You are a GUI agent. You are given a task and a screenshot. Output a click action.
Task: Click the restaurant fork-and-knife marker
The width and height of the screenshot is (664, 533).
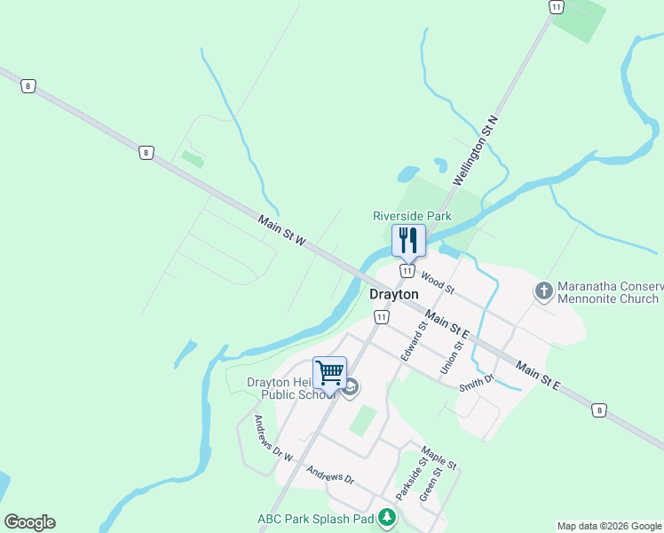pos(408,240)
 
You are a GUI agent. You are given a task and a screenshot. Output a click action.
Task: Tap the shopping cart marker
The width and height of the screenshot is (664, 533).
pos(329,373)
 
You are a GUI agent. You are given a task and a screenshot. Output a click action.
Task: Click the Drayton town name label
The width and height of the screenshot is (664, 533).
pos(394,294)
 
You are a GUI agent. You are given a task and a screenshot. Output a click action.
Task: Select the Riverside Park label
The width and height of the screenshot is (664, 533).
pos(412,216)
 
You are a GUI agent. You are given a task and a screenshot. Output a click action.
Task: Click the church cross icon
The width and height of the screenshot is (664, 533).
pos(543,290)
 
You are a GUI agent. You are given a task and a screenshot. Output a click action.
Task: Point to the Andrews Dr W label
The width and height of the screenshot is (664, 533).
pos(273,438)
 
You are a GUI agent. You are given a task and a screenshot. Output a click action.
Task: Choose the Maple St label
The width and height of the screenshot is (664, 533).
pos(439,457)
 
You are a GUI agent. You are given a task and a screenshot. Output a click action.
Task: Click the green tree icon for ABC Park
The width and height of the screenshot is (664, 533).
pos(386,517)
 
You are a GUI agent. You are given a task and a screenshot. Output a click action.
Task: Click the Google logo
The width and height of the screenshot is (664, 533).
pos(29,522)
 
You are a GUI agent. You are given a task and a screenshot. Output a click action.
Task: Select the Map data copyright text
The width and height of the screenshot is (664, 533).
pos(608,526)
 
